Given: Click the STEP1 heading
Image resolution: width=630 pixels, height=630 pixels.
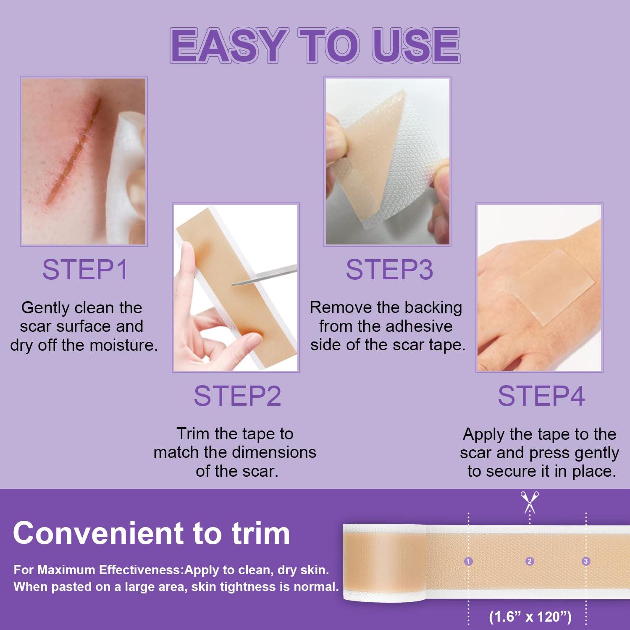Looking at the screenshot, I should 85,270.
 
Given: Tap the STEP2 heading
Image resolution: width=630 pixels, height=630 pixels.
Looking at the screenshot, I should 237,396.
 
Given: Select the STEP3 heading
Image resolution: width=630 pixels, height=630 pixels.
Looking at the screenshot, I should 389,270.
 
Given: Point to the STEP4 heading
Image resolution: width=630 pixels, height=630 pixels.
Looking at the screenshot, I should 541,396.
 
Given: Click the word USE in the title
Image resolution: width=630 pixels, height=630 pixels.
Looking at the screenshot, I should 415,45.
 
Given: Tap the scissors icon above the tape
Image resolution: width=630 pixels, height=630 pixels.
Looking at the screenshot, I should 530,502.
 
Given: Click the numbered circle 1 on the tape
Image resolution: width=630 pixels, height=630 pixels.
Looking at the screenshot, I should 468,561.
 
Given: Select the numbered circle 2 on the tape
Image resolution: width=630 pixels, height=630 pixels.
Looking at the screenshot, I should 530,561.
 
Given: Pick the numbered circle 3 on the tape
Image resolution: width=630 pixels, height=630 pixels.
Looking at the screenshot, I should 586,561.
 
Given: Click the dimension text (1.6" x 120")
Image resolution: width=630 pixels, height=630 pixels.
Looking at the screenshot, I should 530,617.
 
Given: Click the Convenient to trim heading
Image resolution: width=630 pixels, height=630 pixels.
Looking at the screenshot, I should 151,533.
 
